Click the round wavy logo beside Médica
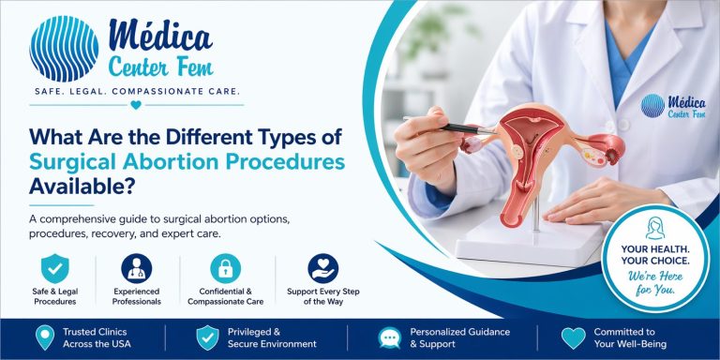click(63, 48)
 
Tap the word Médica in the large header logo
click(161, 36)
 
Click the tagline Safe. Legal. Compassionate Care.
click(137, 91)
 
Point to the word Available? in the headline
click(73, 187)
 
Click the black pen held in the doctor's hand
click(441, 125)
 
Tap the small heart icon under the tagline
click(137, 104)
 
